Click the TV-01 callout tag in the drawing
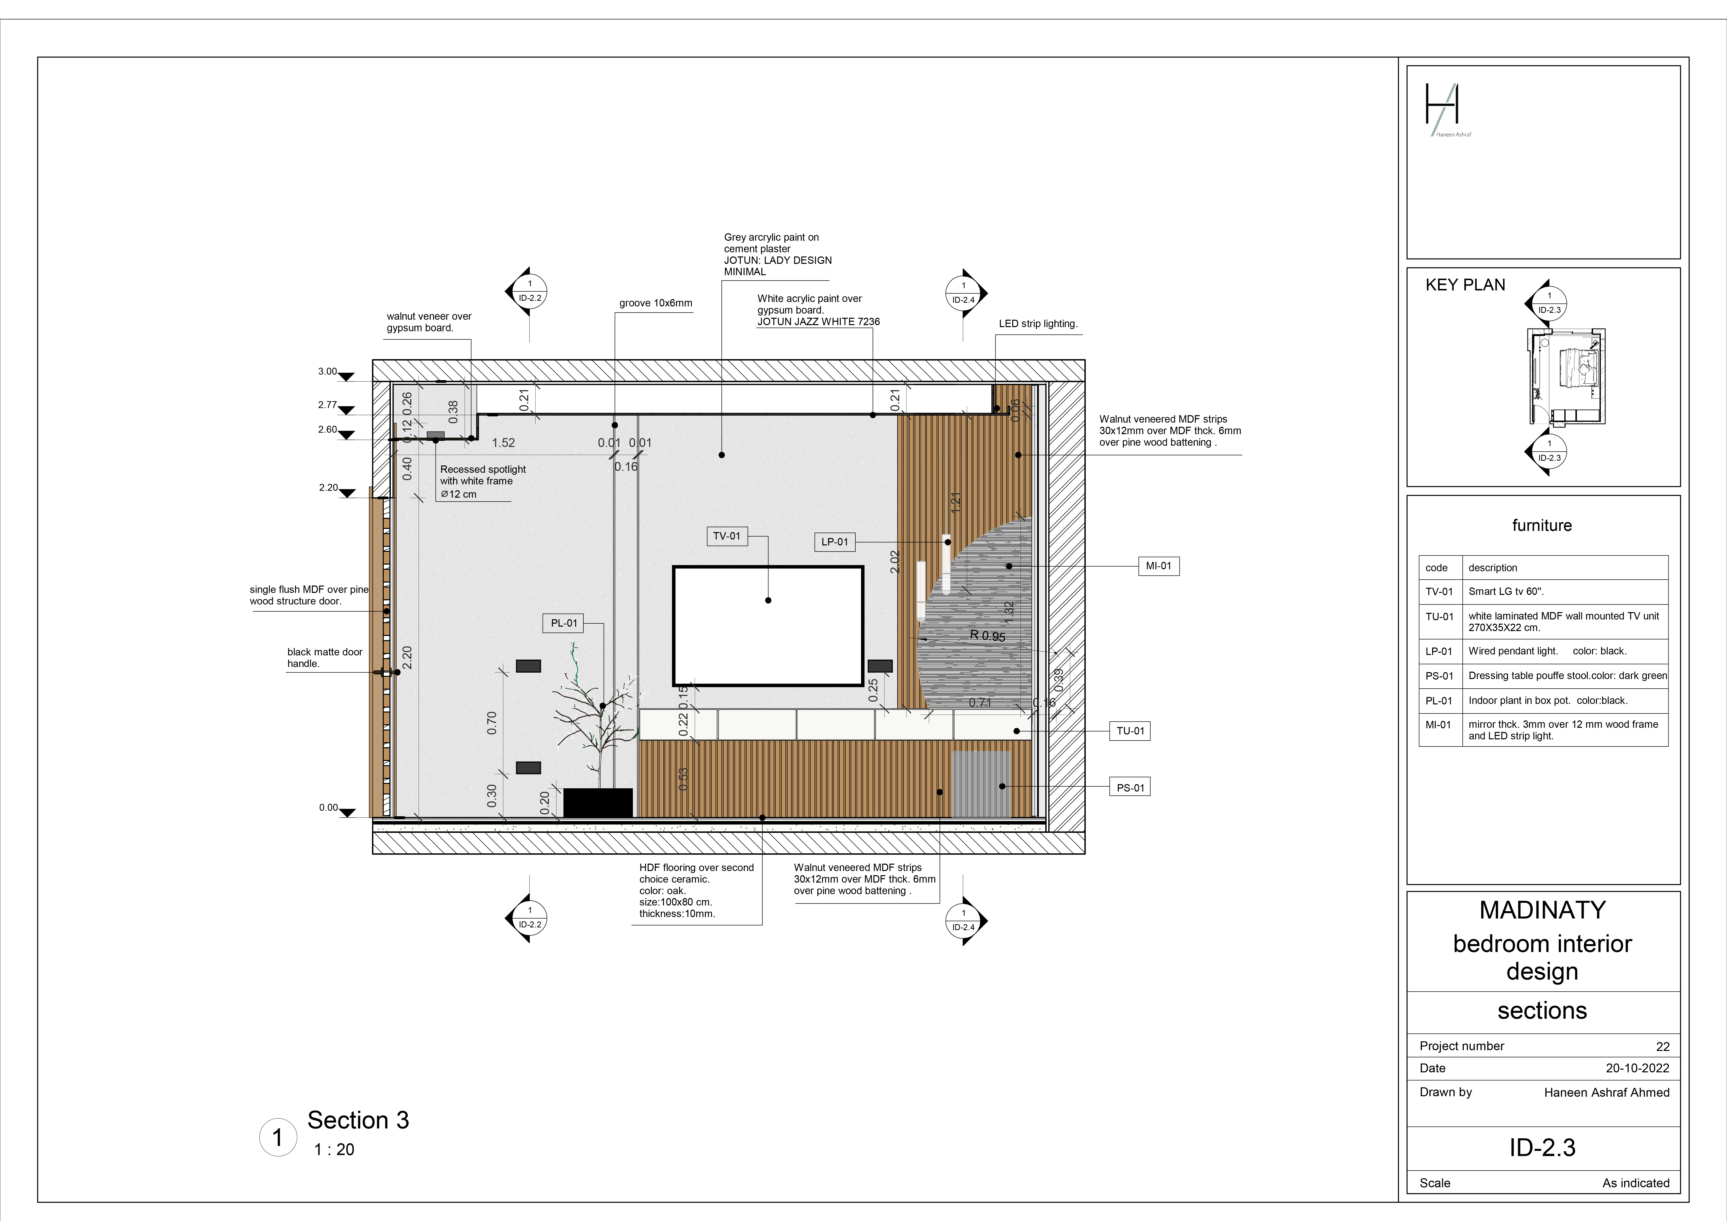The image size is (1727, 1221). (727, 536)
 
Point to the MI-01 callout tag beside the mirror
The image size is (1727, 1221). (1158, 566)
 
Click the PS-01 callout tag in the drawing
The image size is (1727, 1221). (1130, 788)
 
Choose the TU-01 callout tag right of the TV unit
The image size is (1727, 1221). (1130, 730)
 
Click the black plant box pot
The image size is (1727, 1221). (598, 802)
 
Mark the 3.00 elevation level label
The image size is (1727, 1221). (327, 372)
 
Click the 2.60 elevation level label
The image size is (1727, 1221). (327, 429)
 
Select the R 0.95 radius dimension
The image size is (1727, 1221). (988, 636)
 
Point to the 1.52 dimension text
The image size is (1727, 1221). (503, 443)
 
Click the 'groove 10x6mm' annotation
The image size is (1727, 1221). (655, 303)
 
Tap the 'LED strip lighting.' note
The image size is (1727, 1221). (1038, 323)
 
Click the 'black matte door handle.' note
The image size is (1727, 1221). (324, 658)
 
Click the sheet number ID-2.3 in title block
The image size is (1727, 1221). (1542, 1147)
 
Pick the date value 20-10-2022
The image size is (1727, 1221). (1637, 1068)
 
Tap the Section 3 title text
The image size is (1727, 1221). (358, 1120)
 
